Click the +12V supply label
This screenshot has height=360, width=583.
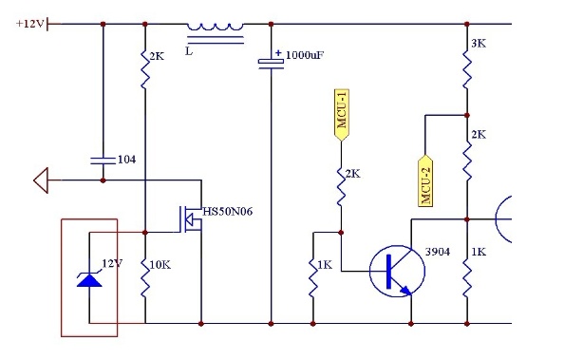click(x=29, y=24)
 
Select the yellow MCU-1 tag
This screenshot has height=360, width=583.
click(x=341, y=115)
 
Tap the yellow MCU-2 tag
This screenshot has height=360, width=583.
click(x=425, y=180)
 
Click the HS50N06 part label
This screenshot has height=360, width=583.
click(x=227, y=212)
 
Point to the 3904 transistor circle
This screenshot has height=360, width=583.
click(x=397, y=245)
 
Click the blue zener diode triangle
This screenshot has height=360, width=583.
click(x=89, y=279)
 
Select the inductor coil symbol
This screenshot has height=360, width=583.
click(x=216, y=27)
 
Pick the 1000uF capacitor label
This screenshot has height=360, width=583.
click(x=305, y=55)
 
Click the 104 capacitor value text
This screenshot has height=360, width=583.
click(x=127, y=160)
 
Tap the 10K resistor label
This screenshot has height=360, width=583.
click(x=160, y=265)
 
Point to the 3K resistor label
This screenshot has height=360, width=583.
click(x=479, y=44)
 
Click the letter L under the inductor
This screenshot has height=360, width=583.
click(x=189, y=51)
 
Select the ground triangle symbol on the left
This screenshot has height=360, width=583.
click(x=41, y=180)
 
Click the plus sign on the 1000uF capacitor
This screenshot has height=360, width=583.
click(x=278, y=53)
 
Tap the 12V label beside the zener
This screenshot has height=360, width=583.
click(x=112, y=263)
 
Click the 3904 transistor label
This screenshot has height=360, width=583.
click(x=438, y=252)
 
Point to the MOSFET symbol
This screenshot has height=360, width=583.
click(x=190, y=219)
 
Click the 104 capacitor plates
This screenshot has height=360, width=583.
click(x=103, y=161)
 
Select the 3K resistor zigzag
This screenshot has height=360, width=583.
click(x=467, y=70)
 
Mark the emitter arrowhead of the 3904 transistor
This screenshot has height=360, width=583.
click(x=406, y=291)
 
